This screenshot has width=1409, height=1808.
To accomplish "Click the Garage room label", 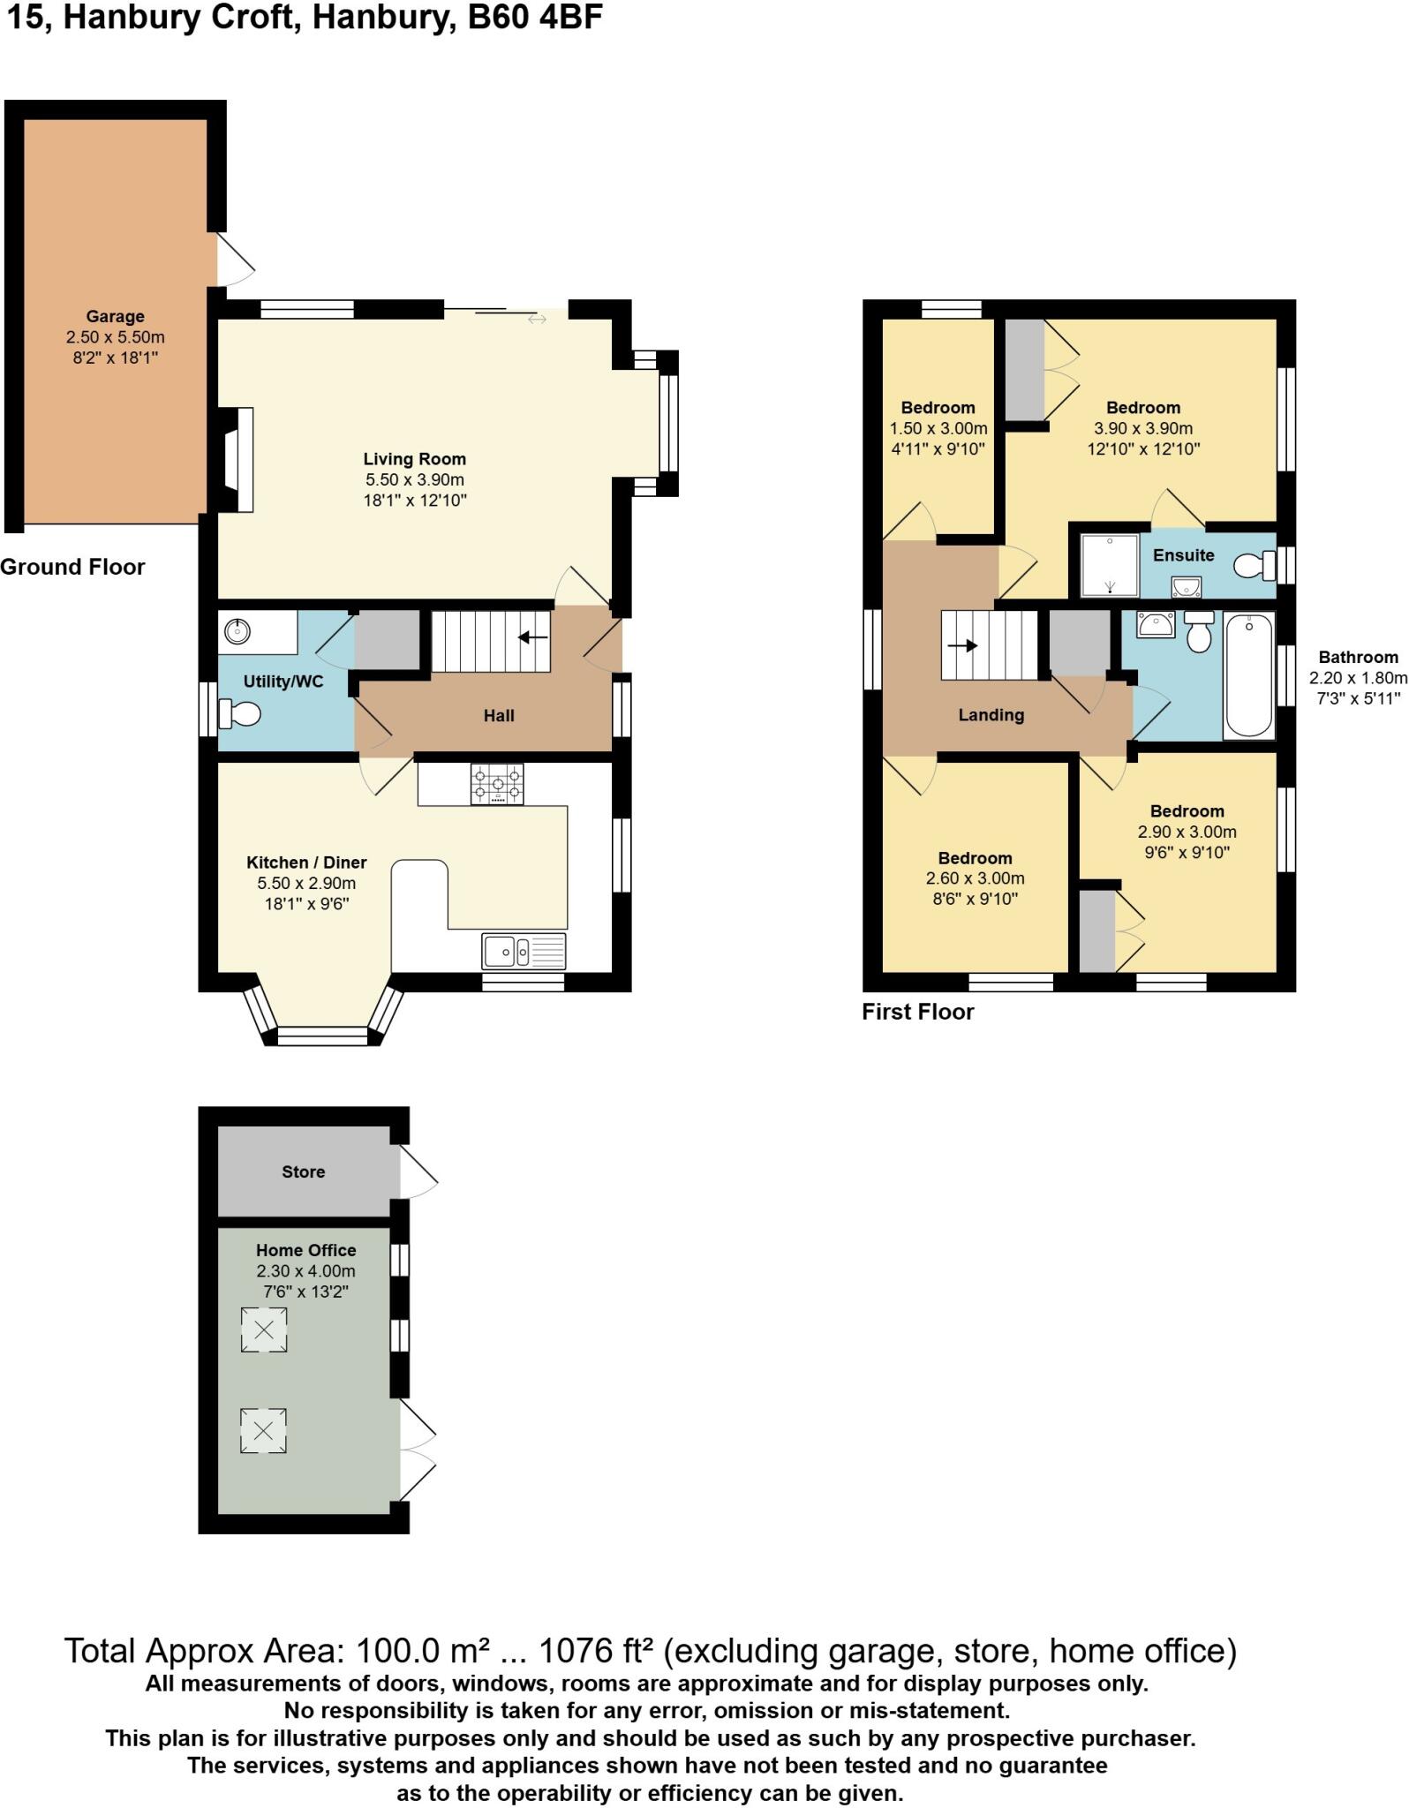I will (x=115, y=316).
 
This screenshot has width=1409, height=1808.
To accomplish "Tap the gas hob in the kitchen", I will (x=497, y=784).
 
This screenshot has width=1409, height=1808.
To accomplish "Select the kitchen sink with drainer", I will (x=524, y=951).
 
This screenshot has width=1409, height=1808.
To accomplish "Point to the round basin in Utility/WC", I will (x=237, y=631).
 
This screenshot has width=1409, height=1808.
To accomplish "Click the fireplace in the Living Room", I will (x=238, y=459).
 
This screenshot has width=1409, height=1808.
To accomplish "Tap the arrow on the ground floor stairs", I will (x=533, y=637).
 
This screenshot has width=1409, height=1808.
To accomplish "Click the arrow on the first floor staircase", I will (x=961, y=645).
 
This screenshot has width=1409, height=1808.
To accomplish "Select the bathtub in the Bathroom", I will (x=1248, y=675).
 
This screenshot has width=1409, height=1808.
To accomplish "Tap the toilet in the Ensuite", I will (x=1254, y=565).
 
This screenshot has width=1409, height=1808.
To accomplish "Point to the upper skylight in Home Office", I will (x=264, y=1330).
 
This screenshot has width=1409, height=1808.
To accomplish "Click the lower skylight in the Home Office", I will (x=264, y=1430).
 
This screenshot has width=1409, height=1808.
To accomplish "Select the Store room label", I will (x=303, y=1171).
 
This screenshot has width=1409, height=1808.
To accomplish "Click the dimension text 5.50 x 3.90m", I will (x=414, y=479).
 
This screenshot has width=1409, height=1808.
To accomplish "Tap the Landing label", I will (x=991, y=715).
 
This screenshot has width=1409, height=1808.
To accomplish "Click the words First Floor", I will (x=917, y=1012).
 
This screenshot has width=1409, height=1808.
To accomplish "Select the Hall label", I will (x=498, y=716).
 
